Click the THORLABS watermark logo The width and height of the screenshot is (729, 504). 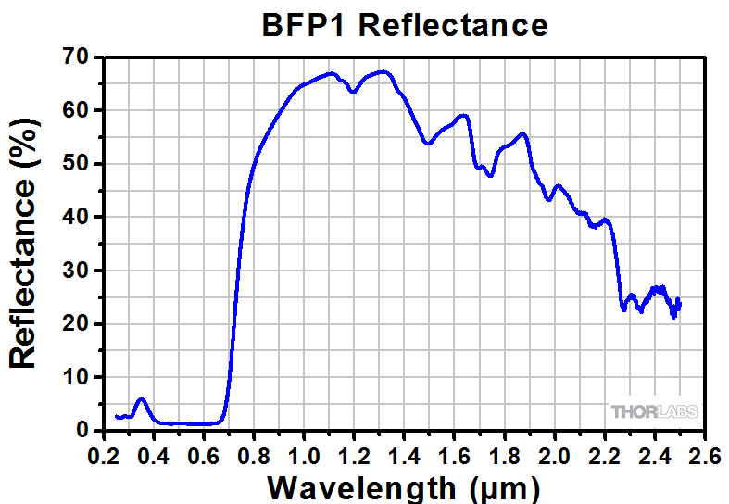[x=654, y=411]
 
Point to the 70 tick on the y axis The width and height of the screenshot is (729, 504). [x=76, y=57]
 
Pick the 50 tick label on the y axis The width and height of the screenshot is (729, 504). [x=76, y=164]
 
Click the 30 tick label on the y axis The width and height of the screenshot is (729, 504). [x=76, y=271]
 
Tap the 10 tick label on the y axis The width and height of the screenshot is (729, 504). [x=76, y=377]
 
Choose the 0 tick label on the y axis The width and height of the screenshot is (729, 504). [x=82, y=431]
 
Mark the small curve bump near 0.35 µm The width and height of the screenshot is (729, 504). [x=141, y=399]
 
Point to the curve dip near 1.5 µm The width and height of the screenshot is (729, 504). [x=427, y=144]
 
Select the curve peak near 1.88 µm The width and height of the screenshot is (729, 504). [x=524, y=133]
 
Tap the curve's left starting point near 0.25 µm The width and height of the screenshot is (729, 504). [x=116, y=416]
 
